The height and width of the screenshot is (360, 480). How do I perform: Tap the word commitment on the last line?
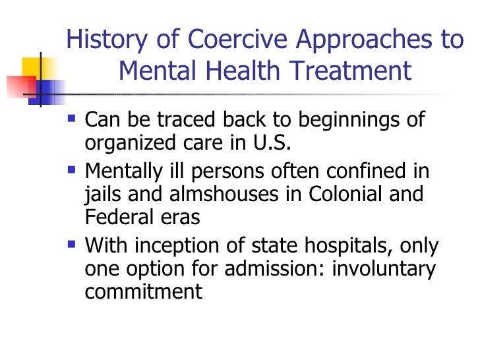[x=143, y=290]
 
